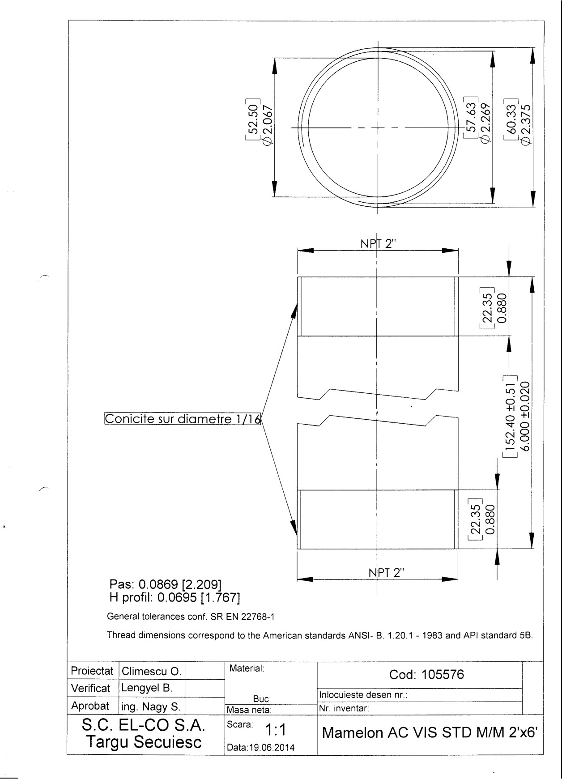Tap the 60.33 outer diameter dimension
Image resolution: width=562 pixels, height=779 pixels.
coord(511,117)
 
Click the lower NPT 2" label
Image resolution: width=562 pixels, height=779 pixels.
coord(386,572)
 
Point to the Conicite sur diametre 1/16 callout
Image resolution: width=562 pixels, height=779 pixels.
coord(182,418)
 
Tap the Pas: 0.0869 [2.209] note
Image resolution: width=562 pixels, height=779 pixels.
coord(166,584)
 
